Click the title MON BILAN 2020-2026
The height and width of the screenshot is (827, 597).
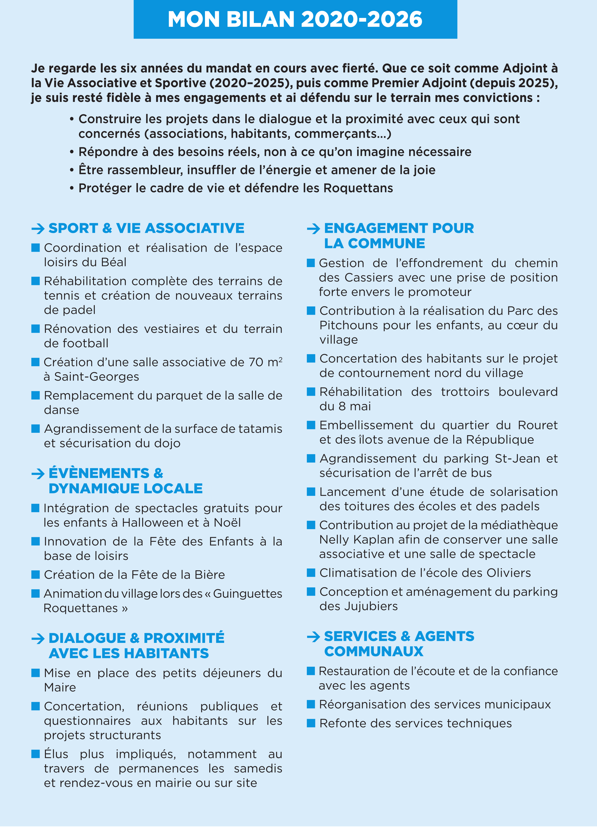(x=295, y=19)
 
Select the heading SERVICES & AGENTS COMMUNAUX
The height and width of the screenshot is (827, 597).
(x=399, y=644)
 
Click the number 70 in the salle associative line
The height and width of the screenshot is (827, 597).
(x=256, y=362)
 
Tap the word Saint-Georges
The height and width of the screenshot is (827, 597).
(x=96, y=377)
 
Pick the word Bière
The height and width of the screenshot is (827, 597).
(x=210, y=575)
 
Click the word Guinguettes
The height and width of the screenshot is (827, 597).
(x=248, y=594)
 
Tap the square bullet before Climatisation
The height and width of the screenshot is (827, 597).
(x=311, y=573)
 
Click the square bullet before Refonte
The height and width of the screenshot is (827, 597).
(x=311, y=723)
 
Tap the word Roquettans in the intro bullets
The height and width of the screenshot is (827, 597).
(x=358, y=188)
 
